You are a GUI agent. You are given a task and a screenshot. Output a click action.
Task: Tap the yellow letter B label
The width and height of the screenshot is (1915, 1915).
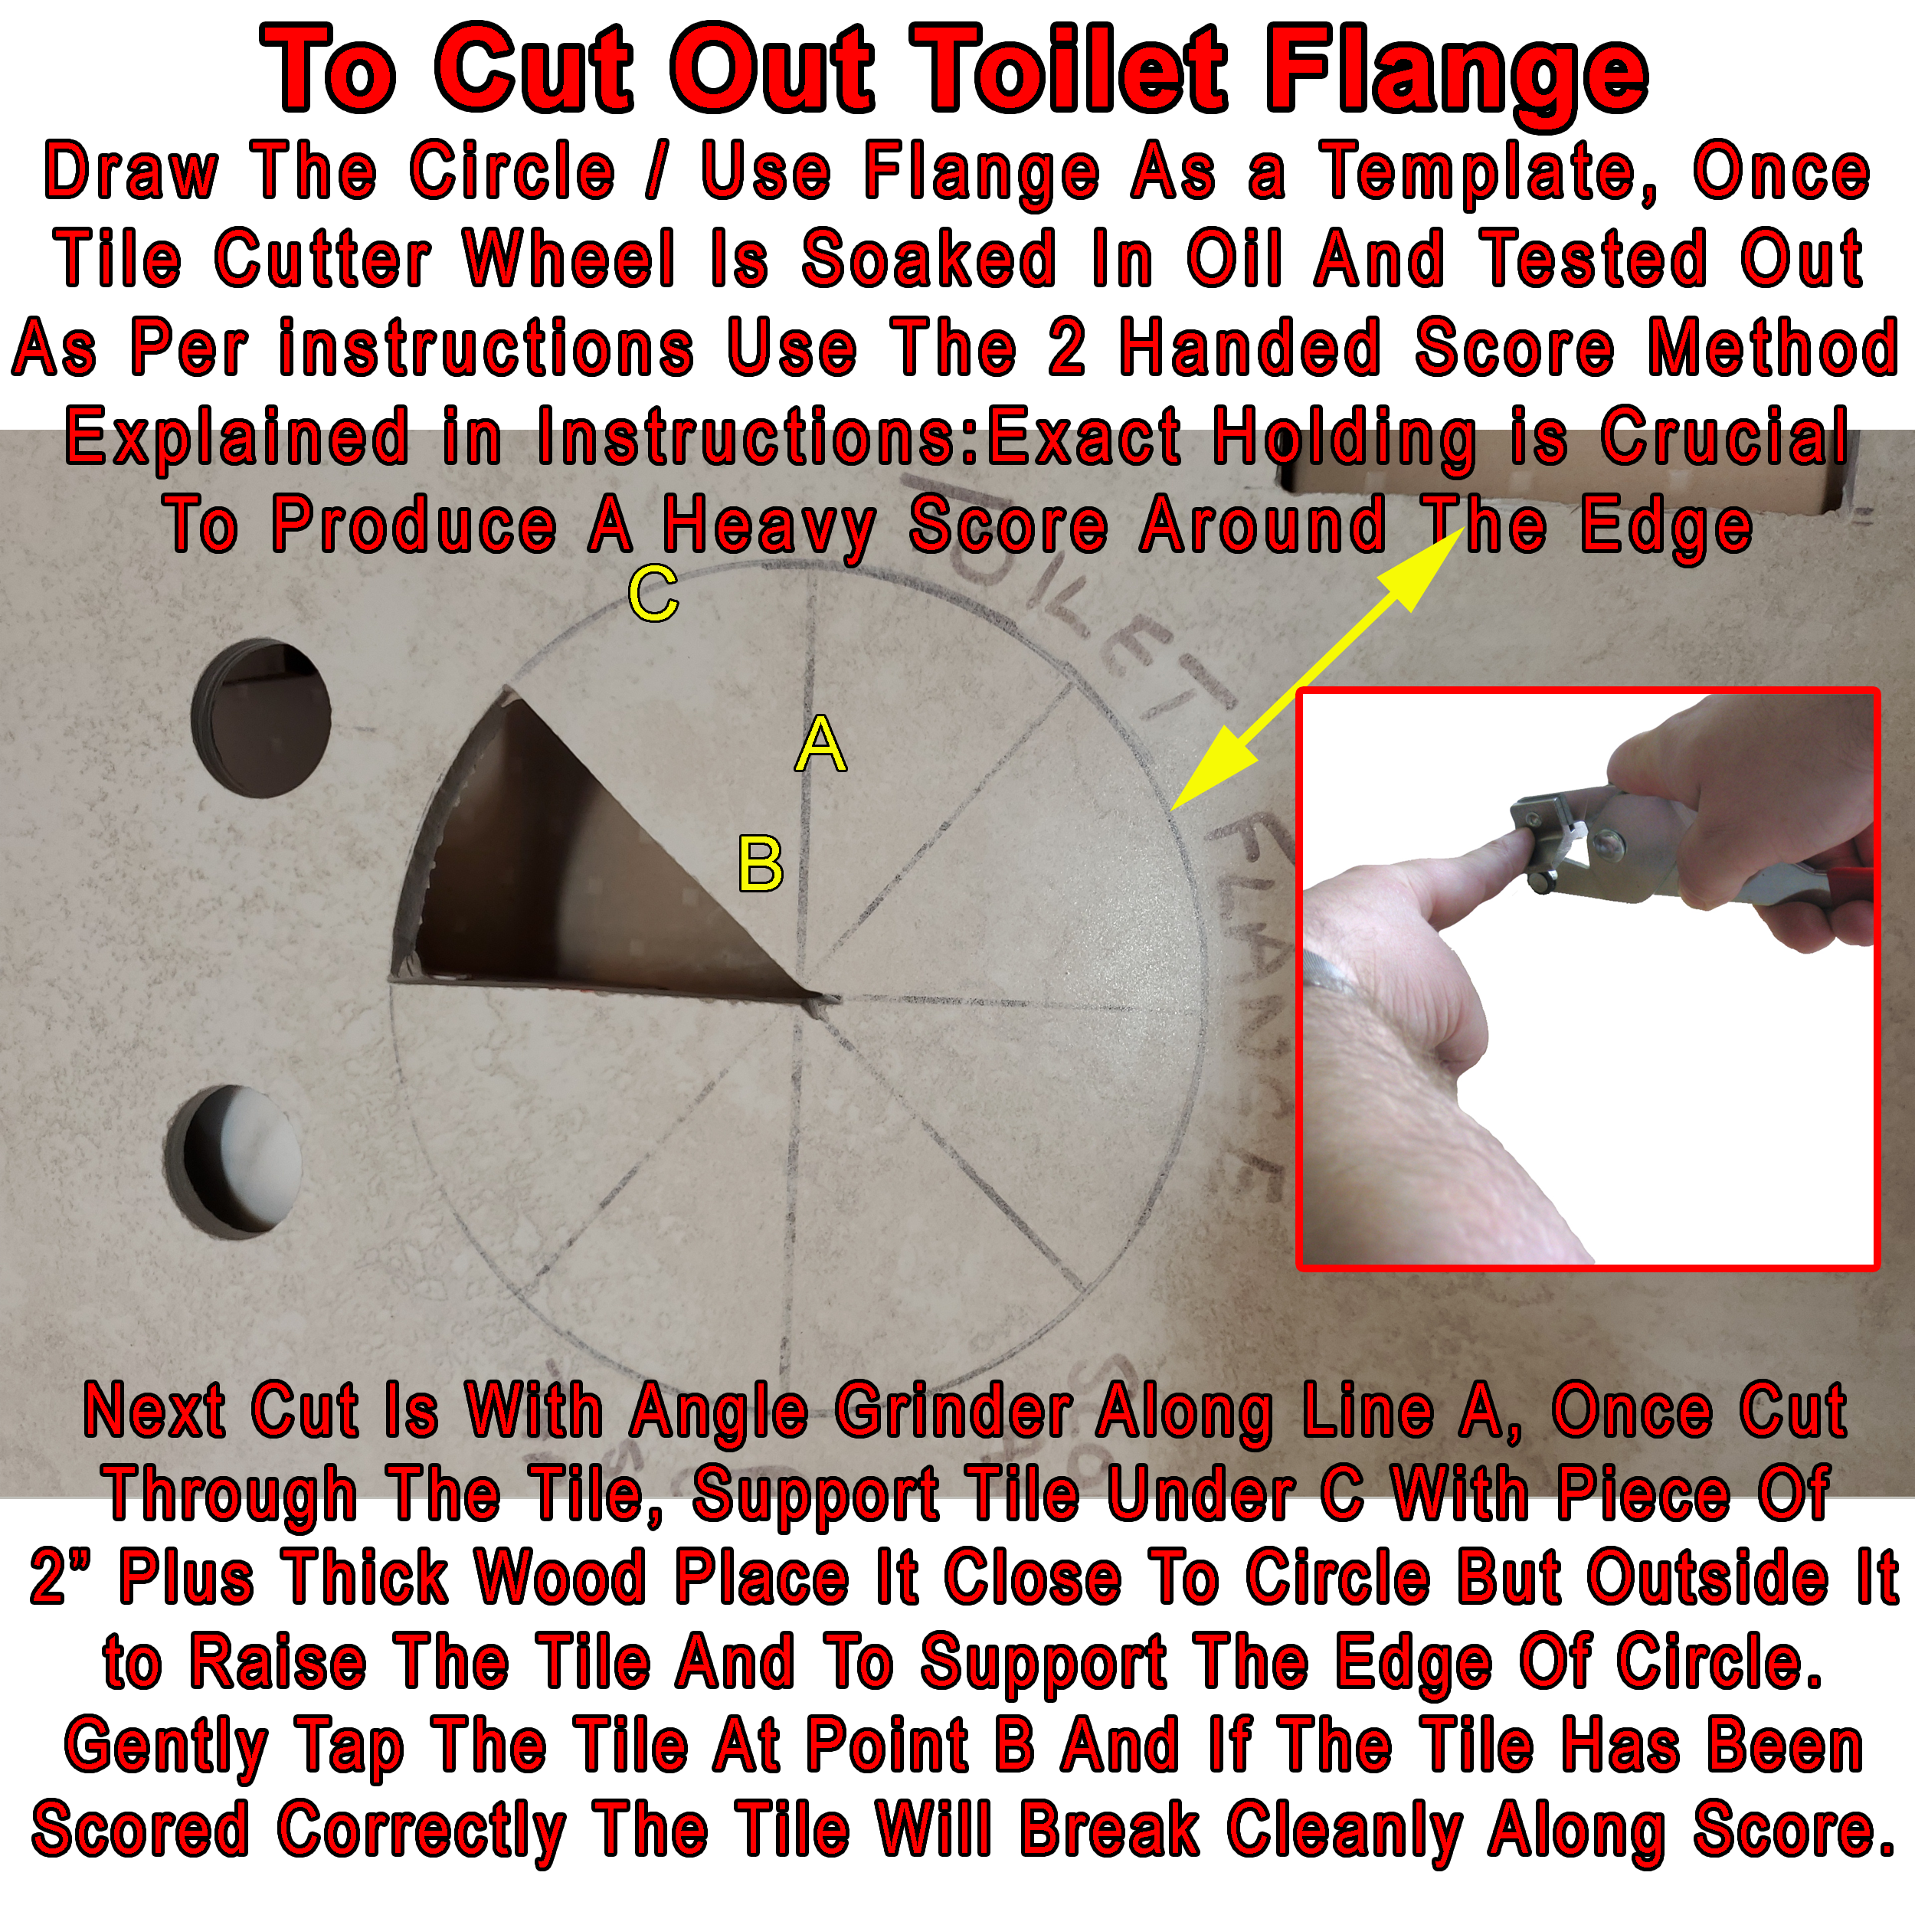(x=760, y=863)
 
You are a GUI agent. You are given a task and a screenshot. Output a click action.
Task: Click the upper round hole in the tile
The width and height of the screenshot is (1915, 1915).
(x=260, y=717)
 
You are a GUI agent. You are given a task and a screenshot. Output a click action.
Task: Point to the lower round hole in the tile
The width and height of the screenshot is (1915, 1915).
(x=234, y=1160)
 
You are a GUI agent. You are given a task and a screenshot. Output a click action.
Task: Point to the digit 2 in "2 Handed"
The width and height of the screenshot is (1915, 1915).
(x=1066, y=348)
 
